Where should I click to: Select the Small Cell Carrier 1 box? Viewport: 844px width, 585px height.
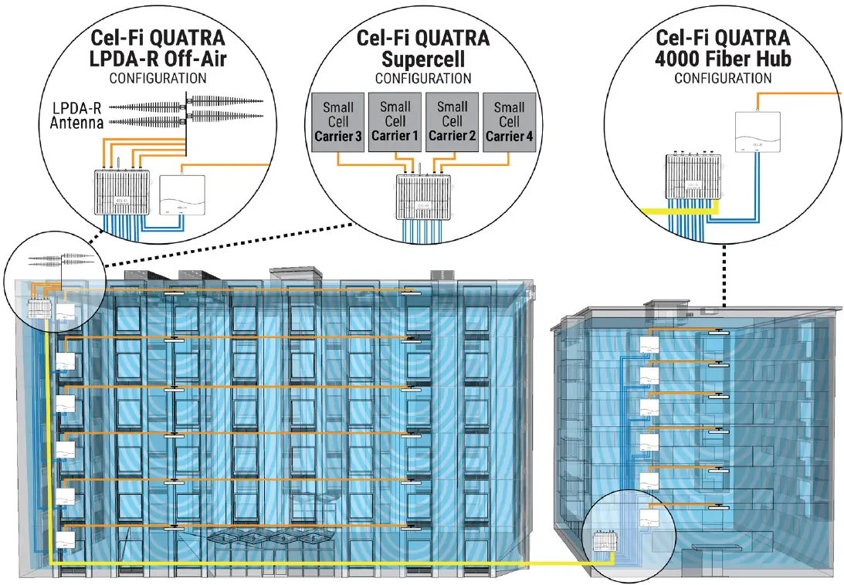click(x=395, y=122)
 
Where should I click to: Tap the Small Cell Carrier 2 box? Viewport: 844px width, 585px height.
click(x=452, y=122)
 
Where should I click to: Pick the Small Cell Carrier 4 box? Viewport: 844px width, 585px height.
click(x=509, y=122)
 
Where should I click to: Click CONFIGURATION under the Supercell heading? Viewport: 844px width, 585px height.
click(x=422, y=79)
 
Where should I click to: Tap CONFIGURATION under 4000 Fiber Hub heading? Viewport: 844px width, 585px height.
click(x=723, y=78)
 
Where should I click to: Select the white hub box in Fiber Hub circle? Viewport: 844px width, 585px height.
click(x=758, y=130)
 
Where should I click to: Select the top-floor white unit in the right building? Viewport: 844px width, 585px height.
click(x=649, y=345)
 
